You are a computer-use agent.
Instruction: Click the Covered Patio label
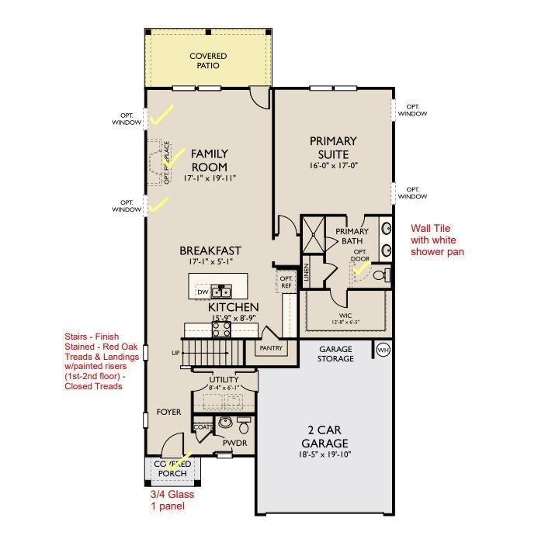pyautogui.click(x=208, y=60)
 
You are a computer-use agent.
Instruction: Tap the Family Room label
pyautogui.click(x=209, y=160)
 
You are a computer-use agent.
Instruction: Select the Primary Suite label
pyautogui.click(x=333, y=147)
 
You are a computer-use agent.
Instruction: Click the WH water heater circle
pyautogui.click(x=383, y=350)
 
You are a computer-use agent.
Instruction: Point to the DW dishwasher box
pyautogui.click(x=203, y=292)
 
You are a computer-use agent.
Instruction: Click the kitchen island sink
pyautogui.click(x=223, y=292)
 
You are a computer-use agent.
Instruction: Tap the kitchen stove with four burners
pyautogui.click(x=220, y=327)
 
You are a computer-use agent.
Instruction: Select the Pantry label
pyautogui.click(x=271, y=349)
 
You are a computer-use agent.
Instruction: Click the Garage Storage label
pyautogui.click(x=335, y=354)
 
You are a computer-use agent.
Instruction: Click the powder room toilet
pyautogui.click(x=244, y=426)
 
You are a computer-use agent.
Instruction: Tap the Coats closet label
pyautogui.click(x=203, y=427)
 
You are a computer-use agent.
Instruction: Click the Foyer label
pyautogui.click(x=168, y=412)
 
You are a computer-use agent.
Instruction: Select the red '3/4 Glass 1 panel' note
pyautogui.click(x=172, y=500)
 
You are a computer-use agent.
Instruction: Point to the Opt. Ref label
pyautogui.click(x=286, y=281)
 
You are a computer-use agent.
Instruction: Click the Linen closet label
pyautogui.click(x=306, y=271)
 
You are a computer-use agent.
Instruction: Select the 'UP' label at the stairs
pyautogui.click(x=175, y=354)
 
